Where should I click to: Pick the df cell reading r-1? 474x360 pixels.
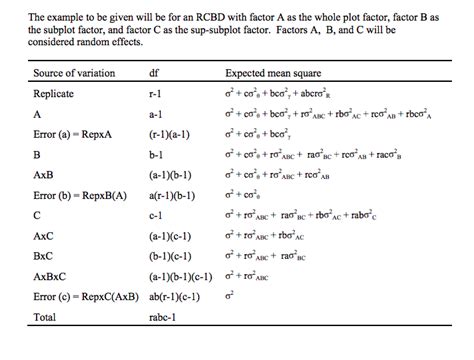pyautogui.click(x=155, y=94)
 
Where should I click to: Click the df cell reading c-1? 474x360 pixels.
pyautogui.click(x=155, y=214)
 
